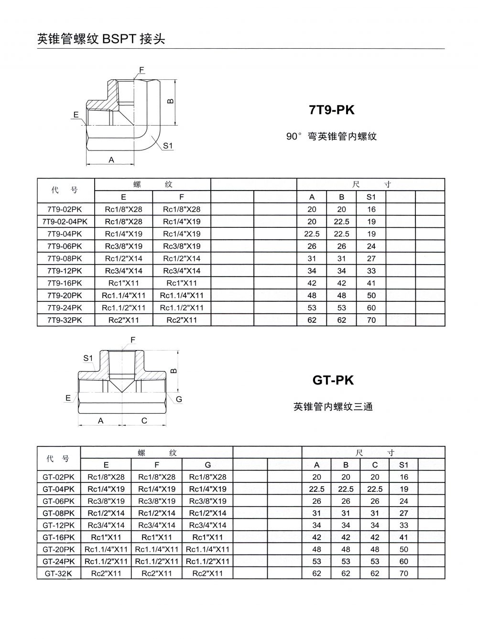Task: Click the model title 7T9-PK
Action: pos(332,110)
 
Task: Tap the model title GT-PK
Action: pos(333,380)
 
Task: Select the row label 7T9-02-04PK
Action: pos(65,222)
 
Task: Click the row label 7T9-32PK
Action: pos(65,320)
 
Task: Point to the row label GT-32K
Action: pos(58,574)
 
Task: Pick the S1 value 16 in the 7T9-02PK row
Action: pos(371,209)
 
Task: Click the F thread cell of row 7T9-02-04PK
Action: pos(182,222)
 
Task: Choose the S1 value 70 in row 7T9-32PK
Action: pos(371,320)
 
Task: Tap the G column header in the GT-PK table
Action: pos(207,465)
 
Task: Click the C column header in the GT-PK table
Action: pos(375,465)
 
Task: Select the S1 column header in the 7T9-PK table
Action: pos(371,197)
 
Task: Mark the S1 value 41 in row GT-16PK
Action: pos(404,537)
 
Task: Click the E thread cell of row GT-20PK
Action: pos(106,549)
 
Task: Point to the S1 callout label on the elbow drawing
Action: pos(167,146)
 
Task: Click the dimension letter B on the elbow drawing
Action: pos(171,101)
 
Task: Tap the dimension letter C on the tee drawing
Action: pos(144,421)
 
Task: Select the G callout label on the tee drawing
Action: pos(179,399)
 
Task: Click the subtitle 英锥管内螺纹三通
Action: pos(333,407)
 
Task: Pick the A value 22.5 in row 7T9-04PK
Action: pos(312,234)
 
